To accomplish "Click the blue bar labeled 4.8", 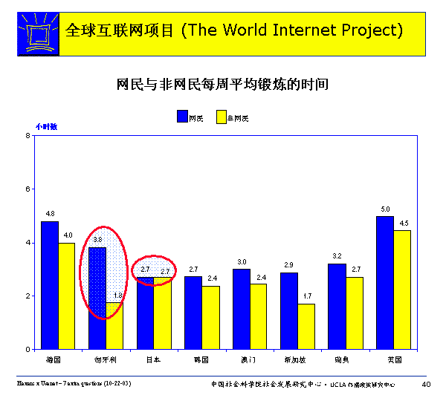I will coord(49,285).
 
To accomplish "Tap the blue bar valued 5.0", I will coord(385,282).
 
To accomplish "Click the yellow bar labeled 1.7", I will coord(306,326).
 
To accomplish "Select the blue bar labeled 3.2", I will coord(337,306).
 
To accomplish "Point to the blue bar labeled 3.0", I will coord(241,309).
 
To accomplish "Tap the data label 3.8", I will coord(97,240).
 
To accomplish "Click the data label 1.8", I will coord(117,296).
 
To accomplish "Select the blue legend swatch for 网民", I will coord(182,117).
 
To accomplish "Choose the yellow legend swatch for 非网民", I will coord(221,117).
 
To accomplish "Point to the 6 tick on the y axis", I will coord(28,189).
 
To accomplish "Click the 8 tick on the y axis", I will coord(28,136).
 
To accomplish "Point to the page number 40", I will coord(426,384).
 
